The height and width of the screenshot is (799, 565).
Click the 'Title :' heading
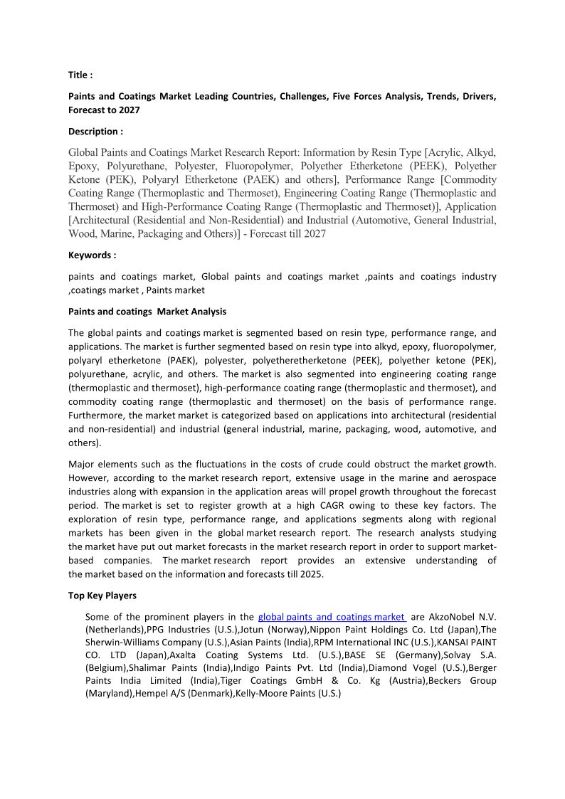point(80,75)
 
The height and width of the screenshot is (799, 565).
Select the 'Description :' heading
point(95,131)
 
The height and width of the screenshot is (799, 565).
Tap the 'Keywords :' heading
point(92,255)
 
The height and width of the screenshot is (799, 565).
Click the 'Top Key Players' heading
point(102,596)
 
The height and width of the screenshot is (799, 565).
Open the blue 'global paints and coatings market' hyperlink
point(332,617)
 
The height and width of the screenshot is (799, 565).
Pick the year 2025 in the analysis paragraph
point(311,574)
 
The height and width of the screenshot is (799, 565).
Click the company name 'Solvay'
point(456,655)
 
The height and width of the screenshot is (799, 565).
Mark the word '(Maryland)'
point(108,694)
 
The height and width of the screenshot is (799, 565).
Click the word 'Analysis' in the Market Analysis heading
point(206,311)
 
